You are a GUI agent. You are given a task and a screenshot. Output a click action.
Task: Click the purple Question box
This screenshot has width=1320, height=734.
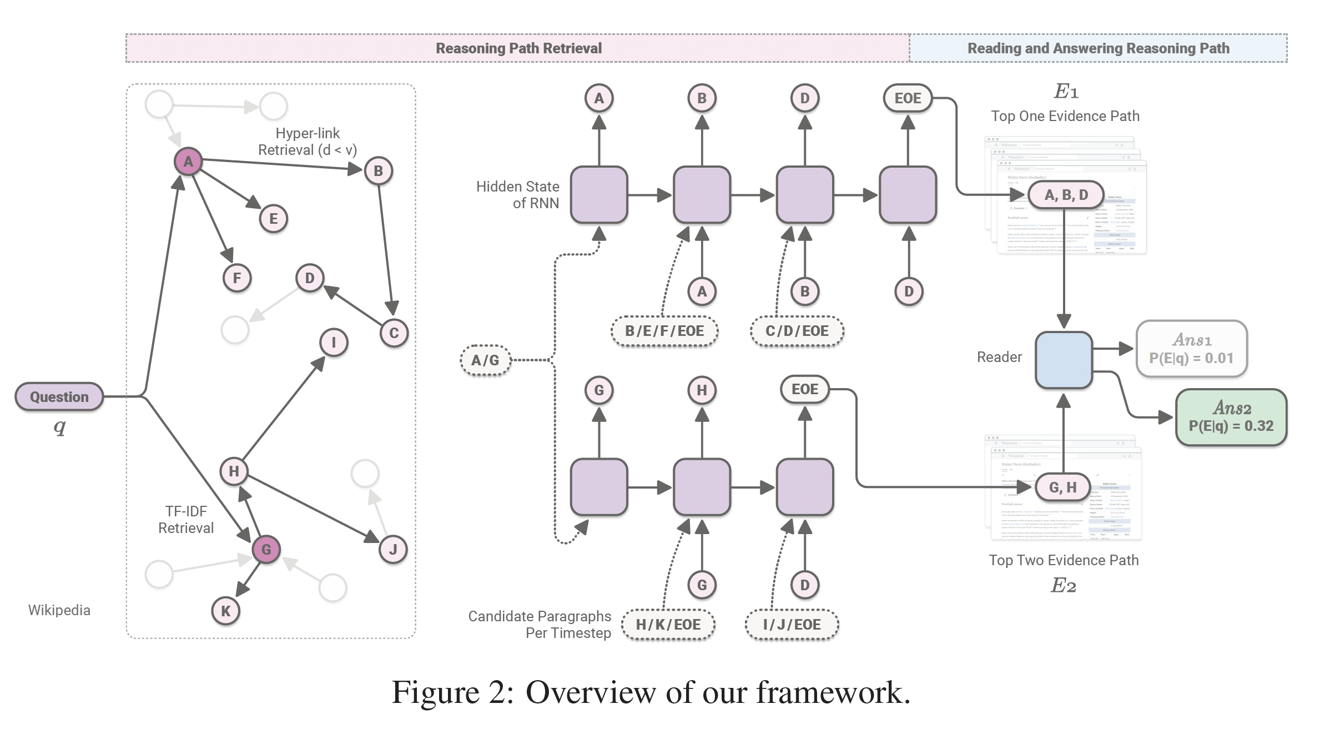click(x=59, y=396)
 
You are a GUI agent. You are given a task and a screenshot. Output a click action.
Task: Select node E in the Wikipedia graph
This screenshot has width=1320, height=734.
click(x=273, y=218)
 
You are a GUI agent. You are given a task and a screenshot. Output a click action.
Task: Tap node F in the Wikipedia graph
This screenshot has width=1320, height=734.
click(x=237, y=278)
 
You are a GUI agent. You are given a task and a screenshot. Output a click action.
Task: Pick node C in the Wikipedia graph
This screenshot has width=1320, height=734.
click(x=394, y=333)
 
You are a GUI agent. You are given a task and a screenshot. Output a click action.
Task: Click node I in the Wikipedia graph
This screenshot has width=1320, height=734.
click(x=334, y=342)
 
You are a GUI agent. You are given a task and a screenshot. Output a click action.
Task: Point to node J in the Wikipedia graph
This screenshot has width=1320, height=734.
click(x=393, y=550)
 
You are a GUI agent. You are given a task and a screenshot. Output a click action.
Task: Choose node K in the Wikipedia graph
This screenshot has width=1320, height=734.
click(x=225, y=611)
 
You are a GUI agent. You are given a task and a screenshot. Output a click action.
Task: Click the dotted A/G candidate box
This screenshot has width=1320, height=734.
click(x=485, y=360)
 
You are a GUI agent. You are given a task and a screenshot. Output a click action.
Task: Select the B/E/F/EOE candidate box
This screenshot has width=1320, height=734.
click(x=664, y=331)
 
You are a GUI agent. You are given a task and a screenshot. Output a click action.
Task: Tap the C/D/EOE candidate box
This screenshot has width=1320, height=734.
click(x=797, y=331)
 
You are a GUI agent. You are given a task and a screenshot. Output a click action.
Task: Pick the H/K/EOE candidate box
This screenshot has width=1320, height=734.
click(x=668, y=625)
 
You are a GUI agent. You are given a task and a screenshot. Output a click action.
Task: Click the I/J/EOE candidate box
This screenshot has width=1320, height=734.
click(x=792, y=625)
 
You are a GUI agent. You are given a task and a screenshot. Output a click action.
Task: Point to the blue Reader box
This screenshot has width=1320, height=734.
click(x=1064, y=360)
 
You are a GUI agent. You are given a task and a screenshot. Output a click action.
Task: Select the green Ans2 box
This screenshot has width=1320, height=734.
click(x=1231, y=418)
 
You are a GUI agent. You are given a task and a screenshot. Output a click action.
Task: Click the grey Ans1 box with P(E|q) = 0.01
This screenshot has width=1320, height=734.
click(x=1191, y=349)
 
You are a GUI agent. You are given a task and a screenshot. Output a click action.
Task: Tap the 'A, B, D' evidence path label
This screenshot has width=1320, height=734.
click(x=1066, y=195)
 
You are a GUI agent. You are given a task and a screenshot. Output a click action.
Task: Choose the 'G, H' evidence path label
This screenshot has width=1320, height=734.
click(x=1062, y=487)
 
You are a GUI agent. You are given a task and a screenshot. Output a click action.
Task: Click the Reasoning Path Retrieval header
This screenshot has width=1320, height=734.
click(x=518, y=48)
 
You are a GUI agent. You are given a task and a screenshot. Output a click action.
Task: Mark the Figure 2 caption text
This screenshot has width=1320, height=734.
click(x=651, y=692)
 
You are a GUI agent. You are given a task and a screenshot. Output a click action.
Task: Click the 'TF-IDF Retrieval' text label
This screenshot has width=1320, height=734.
click(x=186, y=519)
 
